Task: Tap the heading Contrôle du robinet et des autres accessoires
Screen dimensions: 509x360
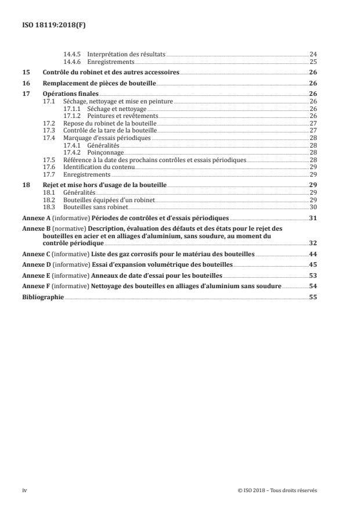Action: (111, 73)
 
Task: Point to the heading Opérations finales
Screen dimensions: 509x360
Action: (71, 94)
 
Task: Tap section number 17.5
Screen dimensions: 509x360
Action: (49, 159)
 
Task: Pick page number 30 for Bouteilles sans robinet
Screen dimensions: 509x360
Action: (313, 206)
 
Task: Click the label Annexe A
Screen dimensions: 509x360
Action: (33, 218)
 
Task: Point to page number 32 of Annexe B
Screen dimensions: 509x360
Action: (313, 244)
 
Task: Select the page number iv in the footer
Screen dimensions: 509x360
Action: (24, 490)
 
